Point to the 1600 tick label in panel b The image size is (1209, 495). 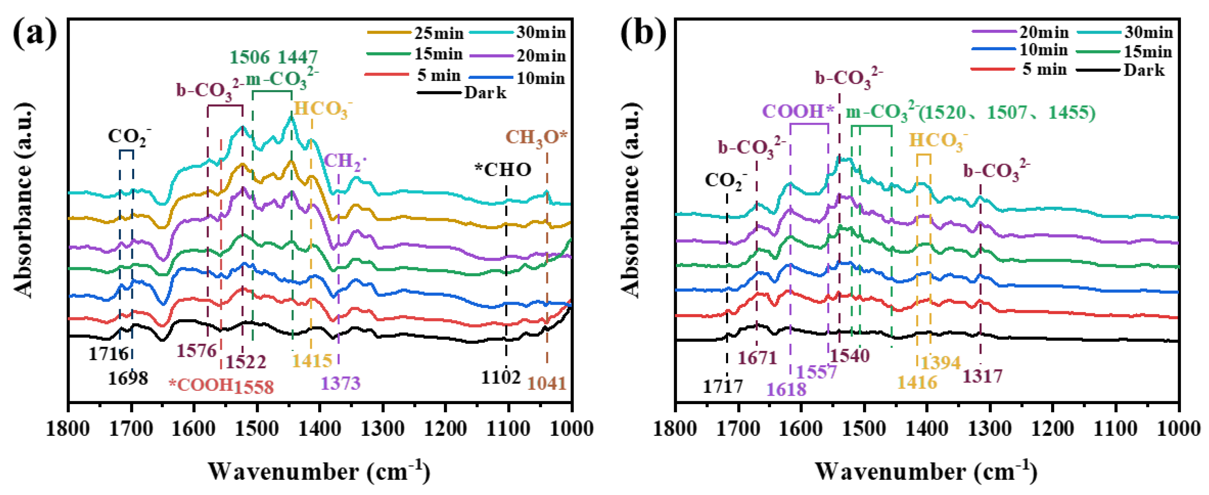(x=802, y=429)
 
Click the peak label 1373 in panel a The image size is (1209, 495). (x=341, y=383)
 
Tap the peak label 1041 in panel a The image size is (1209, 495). (x=547, y=383)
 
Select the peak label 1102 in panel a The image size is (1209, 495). (x=500, y=377)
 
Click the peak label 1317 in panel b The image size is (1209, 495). (x=983, y=376)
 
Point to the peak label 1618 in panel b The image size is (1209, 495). (x=786, y=389)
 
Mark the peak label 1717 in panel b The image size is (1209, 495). (x=723, y=386)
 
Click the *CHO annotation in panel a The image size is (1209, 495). (x=503, y=170)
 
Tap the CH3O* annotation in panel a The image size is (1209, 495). (x=536, y=137)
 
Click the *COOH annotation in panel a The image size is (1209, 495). (x=201, y=385)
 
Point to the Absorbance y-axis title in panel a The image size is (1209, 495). (x=23, y=202)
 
